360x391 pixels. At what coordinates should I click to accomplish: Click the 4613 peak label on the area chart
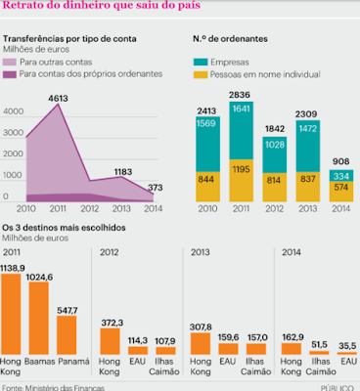click(58, 98)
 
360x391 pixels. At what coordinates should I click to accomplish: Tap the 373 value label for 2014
click(155, 188)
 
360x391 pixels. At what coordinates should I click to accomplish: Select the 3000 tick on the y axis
click(14, 133)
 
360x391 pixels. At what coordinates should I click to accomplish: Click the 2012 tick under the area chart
click(90, 208)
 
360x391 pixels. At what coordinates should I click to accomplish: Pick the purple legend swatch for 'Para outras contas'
click(10, 62)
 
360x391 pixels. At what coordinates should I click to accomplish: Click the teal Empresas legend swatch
click(201, 62)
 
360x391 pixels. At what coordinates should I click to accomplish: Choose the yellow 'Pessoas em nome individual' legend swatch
click(201, 74)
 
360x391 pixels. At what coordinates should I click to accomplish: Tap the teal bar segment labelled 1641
click(242, 131)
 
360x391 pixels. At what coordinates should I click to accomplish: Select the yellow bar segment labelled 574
click(341, 192)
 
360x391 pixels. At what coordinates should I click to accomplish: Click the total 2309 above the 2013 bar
click(306, 114)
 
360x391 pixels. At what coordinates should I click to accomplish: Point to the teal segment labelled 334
click(341, 176)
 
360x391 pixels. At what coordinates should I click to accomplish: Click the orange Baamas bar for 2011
click(39, 319)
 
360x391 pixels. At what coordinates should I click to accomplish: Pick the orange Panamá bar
click(67, 335)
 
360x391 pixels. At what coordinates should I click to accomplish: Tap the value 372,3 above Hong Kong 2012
click(112, 323)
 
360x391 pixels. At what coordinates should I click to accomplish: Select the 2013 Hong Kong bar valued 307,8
click(201, 343)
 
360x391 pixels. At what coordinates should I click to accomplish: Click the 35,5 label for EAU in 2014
click(347, 345)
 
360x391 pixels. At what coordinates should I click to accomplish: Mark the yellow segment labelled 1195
click(242, 181)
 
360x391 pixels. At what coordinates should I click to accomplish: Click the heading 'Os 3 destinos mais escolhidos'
click(64, 228)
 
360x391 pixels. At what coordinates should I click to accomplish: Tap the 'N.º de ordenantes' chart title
click(230, 39)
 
